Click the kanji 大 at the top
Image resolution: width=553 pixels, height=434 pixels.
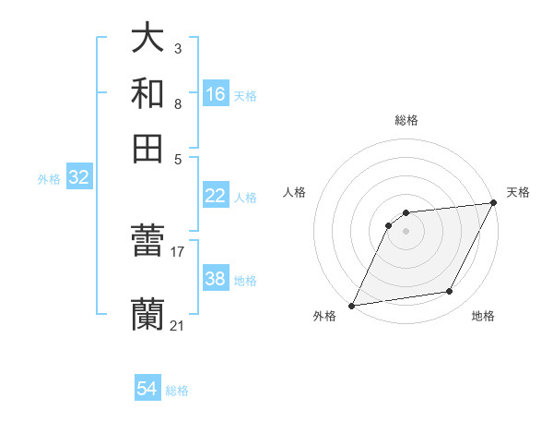tap(147, 39)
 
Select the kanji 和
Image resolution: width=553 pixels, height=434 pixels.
tap(147, 93)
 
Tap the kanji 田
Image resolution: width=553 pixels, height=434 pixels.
tap(147, 148)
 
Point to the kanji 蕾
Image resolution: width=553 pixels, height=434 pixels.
tap(147, 244)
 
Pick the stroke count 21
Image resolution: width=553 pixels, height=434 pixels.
tap(178, 324)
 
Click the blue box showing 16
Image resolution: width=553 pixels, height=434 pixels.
tap(216, 93)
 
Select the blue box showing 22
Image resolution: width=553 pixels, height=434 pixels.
tap(216, 196)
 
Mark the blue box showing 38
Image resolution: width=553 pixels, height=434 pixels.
tap(216, 278)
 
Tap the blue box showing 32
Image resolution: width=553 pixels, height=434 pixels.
tap(78, 178)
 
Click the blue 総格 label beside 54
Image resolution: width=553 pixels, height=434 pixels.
tap(177, 391)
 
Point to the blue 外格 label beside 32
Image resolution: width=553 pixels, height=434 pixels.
tap(49, 179)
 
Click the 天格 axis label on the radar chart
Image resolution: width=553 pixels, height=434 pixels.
tap(518, 192)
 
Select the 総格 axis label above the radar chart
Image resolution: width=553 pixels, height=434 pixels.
tap(406, 120)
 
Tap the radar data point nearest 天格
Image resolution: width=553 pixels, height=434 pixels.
tap(494, 202)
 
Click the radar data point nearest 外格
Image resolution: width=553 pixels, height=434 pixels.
tap(351, 306)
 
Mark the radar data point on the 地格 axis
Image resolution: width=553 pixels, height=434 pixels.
tap(450, 292)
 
